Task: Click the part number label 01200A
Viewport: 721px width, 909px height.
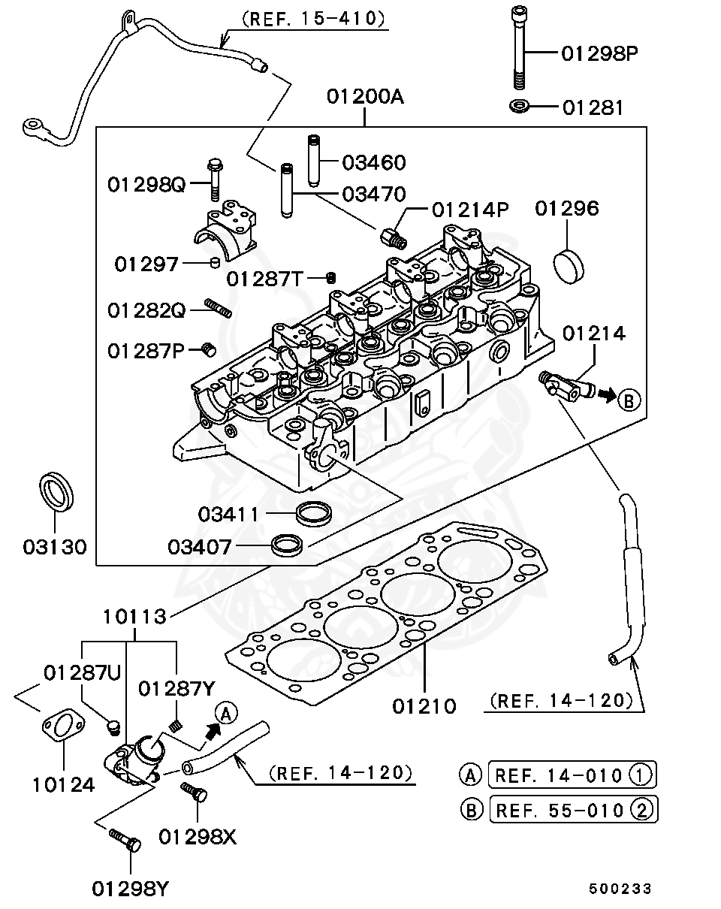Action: (x=364, y=97)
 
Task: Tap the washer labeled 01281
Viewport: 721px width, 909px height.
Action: (x=518, y=107)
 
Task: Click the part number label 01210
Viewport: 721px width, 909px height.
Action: (x=424, y=705)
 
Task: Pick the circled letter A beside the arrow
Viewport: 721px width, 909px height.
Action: (x=226, y=712)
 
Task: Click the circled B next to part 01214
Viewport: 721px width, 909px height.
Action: (x=629, y=400)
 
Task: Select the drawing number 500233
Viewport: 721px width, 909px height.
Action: (x=620, y=889)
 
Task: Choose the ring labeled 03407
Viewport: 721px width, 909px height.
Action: (x=287, y=545)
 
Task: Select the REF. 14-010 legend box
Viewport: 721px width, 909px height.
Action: (x=572, y=774)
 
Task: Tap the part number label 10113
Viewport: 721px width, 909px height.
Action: (x=134, y=617)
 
